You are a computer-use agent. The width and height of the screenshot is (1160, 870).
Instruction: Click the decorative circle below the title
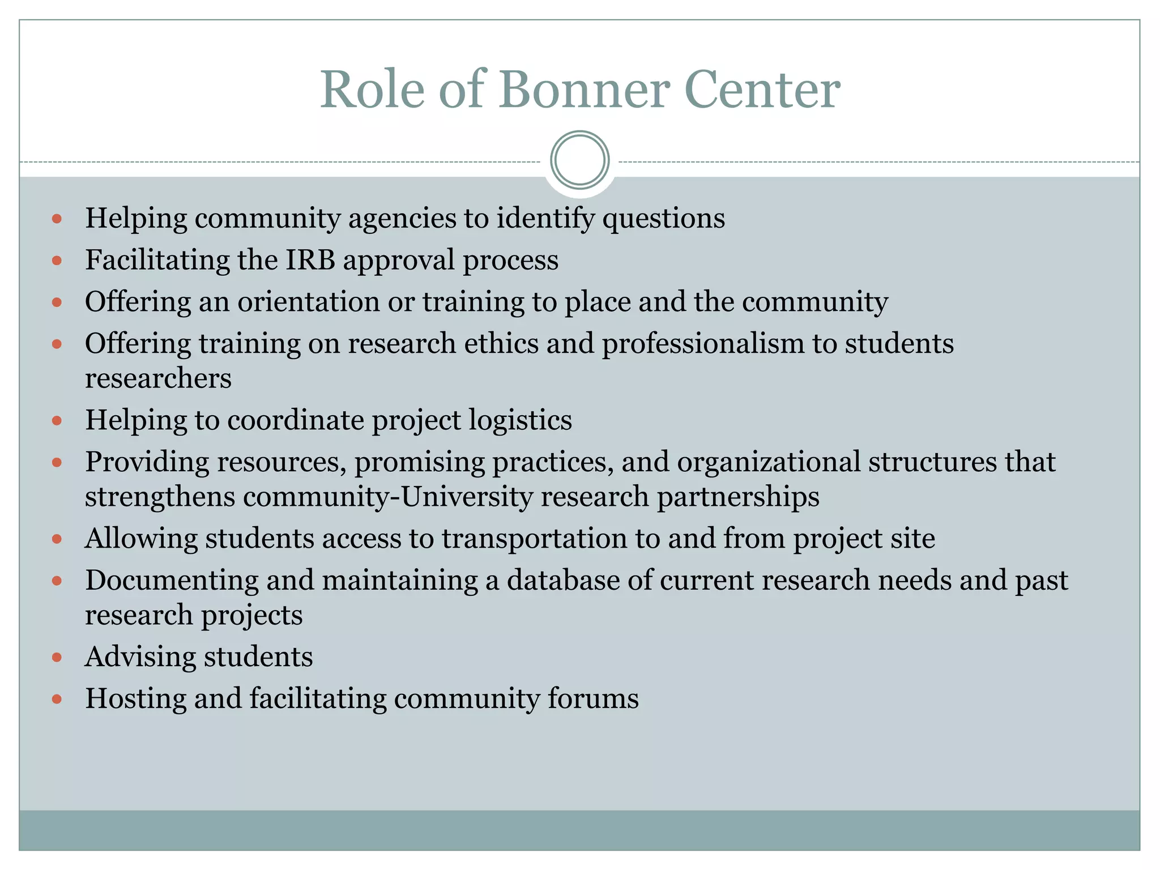pos(579,160)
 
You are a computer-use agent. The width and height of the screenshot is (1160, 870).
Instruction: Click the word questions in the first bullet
pos(663,219)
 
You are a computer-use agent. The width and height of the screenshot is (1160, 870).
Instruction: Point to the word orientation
pos(309,301)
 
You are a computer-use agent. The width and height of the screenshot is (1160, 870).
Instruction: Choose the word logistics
pos(521,420)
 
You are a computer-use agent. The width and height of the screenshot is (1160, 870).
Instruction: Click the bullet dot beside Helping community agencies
pos(57,219)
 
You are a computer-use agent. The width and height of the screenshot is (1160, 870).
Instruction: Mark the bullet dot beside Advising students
pos(57,658)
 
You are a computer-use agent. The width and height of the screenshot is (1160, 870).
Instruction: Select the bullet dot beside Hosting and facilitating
pos(57,699)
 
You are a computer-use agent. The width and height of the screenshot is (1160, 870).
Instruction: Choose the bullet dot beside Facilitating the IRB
pos(57,261)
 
